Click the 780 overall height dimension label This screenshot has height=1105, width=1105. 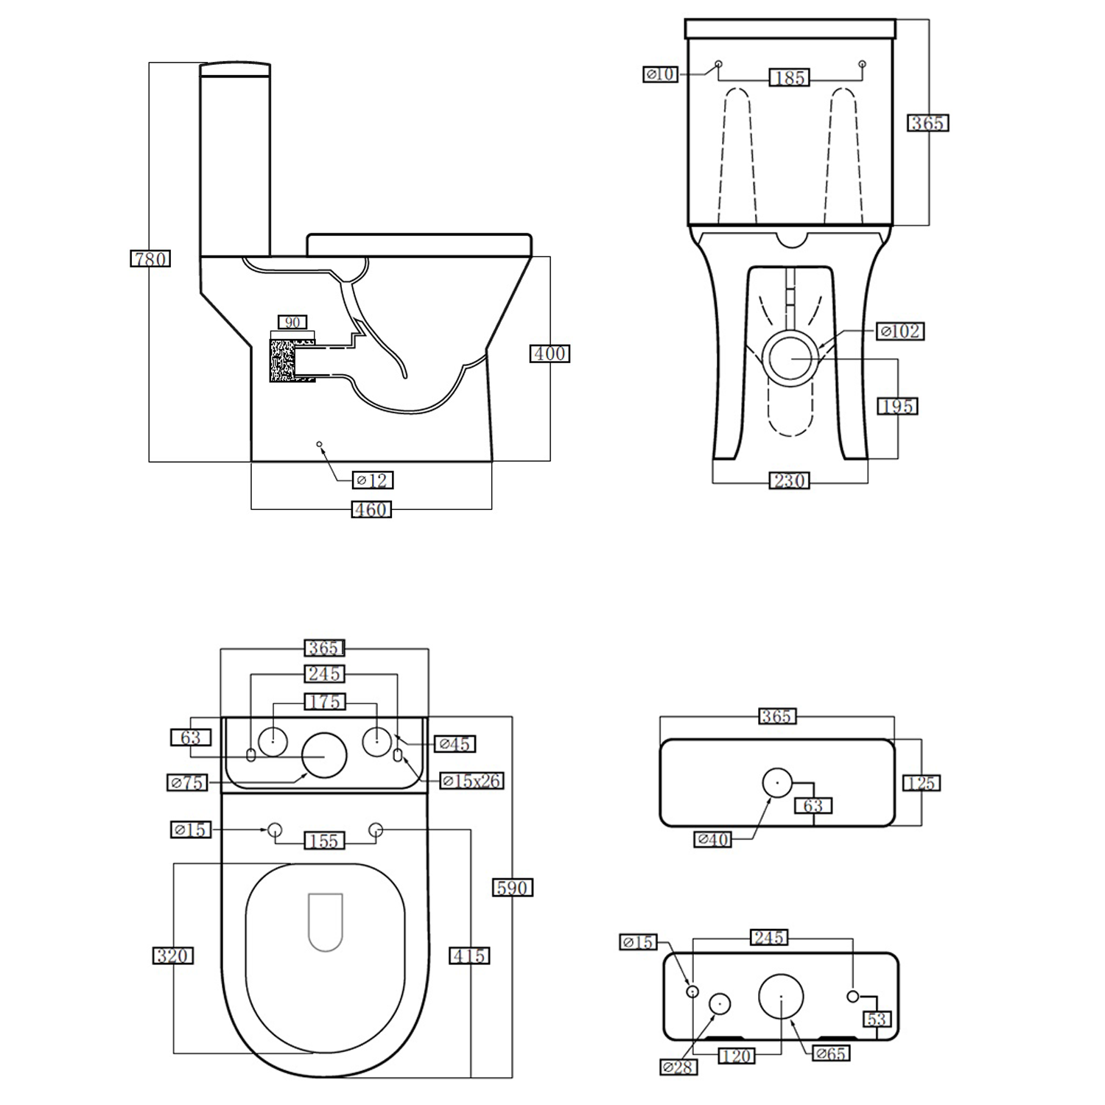click(x=150, y=259)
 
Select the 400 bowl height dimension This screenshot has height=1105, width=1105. click(x=550, y=354)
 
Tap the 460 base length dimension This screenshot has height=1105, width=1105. click(x=371, y=510)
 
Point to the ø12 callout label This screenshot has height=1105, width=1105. click(x=373, y=480)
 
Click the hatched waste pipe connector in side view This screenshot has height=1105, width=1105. click(x=284, y=360)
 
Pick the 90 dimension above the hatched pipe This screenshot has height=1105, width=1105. click(x=292, y=323)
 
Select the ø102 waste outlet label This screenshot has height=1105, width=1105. click(x=900, y=331)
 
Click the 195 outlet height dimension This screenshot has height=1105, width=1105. click(x=897, y=406)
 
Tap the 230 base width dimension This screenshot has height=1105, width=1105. click(x=789, y=481)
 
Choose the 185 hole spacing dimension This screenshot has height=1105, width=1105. click(x=789, y=77)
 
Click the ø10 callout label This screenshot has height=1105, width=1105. click(x=660, y=74)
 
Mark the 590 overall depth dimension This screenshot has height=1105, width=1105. click(x=512, y=888)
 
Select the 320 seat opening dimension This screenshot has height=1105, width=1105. click(x=173, y=955)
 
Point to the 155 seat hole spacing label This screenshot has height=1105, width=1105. click(x=324, y=841)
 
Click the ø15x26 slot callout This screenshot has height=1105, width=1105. click(x=471, y=781)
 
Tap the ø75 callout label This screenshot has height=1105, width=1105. click(x=187, y=782)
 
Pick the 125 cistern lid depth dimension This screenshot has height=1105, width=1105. click(x=921, y=783)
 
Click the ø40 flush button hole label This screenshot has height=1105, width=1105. click(x=712, y=838)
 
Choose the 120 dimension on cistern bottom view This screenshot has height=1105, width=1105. click(x=736, y=1056)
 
